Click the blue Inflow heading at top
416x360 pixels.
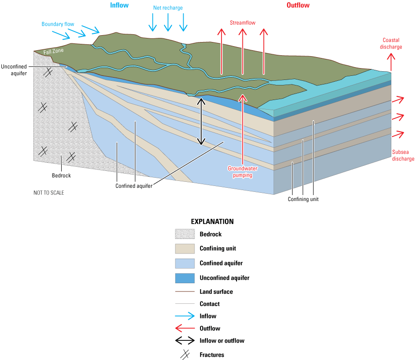point(119,5)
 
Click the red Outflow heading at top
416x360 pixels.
point(298,5)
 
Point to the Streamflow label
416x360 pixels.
point(242,22)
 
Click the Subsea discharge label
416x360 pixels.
point(403,155)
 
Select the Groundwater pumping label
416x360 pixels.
point(240,171)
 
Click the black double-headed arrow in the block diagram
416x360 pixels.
point(200,121)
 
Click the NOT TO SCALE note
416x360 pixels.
point(49,193)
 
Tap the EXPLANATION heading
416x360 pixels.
point(212,222)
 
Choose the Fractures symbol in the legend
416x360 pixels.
point(184,355)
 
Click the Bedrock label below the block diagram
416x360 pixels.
point(61,175)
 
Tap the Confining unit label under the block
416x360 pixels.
point(303,199)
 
